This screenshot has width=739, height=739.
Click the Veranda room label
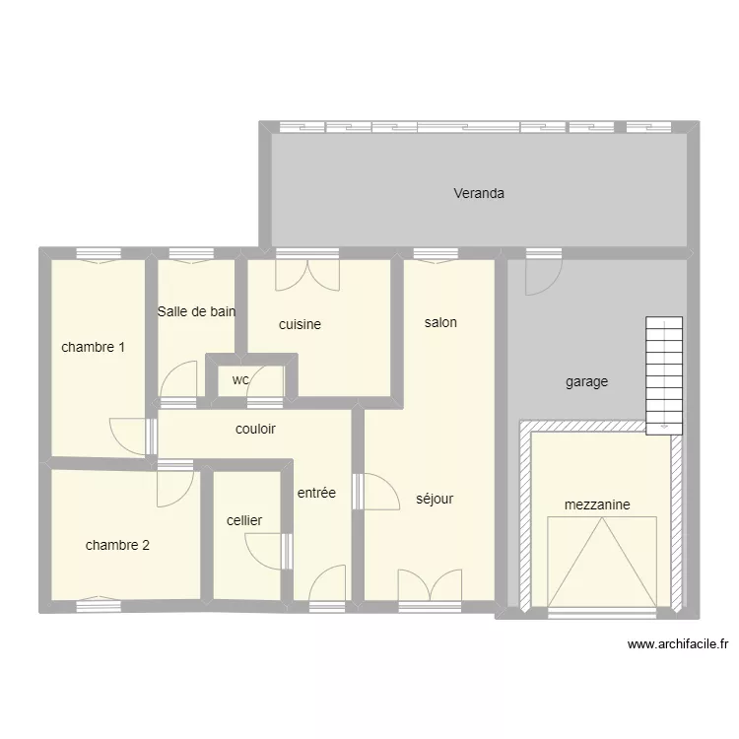479,193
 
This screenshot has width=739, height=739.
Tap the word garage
586,381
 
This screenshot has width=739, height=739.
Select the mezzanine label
597,504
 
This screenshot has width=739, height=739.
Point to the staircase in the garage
664,375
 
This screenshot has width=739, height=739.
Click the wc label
240,379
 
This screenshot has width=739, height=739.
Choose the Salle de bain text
196,311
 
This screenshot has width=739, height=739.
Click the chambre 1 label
93,347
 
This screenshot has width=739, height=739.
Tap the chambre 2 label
117,545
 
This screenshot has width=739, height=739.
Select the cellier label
244,520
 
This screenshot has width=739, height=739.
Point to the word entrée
316,493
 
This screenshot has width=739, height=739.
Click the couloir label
255,429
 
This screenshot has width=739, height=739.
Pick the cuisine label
300,324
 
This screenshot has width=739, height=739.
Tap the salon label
440,322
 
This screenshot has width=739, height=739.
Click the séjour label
435,499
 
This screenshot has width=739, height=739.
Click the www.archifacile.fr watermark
678,645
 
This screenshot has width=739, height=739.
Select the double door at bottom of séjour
430,585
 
